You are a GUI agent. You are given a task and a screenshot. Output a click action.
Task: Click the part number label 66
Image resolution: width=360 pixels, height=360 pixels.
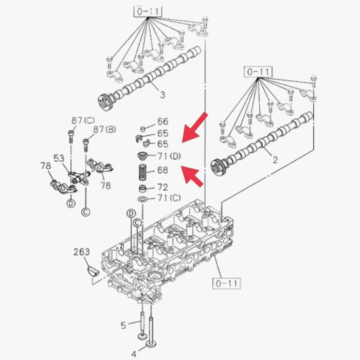click(x=163, y=121)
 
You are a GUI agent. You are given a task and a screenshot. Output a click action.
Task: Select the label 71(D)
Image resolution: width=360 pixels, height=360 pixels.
click(x=169, y=156)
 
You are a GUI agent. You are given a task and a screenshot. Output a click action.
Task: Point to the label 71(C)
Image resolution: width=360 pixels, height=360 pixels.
click(x=169, y=197)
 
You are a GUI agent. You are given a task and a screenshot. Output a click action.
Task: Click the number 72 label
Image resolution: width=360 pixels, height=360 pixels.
click(x=163, y=187)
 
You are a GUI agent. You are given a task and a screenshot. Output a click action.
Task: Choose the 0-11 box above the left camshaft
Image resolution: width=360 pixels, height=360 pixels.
click(x=148, y=11)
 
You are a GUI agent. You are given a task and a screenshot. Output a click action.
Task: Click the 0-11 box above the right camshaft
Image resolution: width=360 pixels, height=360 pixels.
click(x=258, y=72)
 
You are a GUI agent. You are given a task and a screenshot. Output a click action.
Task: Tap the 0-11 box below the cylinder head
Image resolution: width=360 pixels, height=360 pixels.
click(x=226, y=283)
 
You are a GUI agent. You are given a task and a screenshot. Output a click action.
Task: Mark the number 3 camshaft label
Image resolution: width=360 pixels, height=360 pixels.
click(x=163, y=95)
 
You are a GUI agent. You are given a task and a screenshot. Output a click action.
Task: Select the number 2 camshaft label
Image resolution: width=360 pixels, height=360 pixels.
click(x=275, y=159)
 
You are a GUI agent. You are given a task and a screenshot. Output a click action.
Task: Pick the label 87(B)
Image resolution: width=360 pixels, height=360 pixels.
click(x=104, y=130)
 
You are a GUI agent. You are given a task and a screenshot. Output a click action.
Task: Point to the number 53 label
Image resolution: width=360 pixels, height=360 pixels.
click(x=59, y=158)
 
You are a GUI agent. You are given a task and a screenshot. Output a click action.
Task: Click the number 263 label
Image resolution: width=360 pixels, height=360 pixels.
click(x=81, y=252)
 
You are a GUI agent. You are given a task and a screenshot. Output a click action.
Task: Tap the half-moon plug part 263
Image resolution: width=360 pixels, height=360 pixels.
click(x=93, y=271)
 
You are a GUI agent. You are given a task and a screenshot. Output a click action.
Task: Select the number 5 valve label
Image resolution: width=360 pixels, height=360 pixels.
click(x=123, y=325)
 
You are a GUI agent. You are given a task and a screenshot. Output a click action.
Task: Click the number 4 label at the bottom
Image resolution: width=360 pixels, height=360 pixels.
click(x=134, y=354)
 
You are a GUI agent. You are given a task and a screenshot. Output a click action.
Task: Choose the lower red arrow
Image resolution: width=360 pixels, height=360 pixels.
click(x=192, y=176)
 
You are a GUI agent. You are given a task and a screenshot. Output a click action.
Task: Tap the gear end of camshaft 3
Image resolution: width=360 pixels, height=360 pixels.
click(x=105, y=101)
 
